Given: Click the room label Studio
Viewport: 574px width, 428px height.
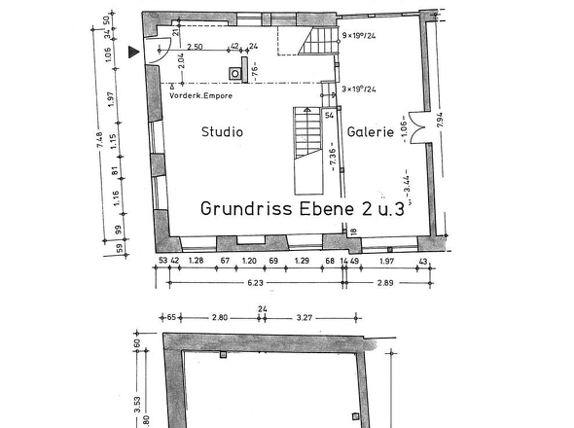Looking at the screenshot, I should click(x=222, y=131).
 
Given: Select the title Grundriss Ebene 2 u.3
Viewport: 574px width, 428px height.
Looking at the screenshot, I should click(x=302, y=208).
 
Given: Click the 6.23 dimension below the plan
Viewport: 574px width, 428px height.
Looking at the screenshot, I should click(x=255, y=283).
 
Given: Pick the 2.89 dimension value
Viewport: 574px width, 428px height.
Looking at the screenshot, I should click(x=385, y=283).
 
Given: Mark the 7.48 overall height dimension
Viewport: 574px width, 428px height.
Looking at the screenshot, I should click(x=99, y=142).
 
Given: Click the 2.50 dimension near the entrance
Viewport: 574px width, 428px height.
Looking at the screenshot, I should click(x=195, y=47).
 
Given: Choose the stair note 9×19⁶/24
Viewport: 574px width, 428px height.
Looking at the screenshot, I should click(x=360, y=34).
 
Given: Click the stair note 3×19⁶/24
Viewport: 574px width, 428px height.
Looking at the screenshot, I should click(x=360, y=89).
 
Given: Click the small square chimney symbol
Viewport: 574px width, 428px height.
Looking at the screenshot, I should click(x=236, y=71).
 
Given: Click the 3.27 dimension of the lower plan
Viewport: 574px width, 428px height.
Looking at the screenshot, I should click(x=304, y=317).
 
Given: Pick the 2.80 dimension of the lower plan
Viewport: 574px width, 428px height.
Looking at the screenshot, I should click(x=219, y=317).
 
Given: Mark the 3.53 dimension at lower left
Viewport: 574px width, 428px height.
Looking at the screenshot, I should click(x=137, y=399).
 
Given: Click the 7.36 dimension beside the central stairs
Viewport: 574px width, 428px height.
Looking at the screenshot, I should click(x=332, y=155).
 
